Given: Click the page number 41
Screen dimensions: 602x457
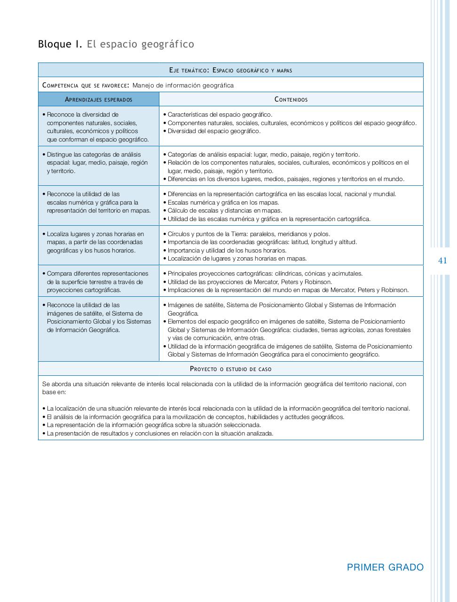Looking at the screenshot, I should click(x=442, y=261).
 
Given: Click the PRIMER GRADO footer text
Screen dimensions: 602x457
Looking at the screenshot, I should click(x=385, y=567).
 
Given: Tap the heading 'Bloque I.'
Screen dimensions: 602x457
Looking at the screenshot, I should click(x=60, y=44).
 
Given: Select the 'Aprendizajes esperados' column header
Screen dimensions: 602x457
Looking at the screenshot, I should click(x=98, y=99).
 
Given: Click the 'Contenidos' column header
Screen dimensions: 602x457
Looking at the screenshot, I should click(x=291, y=99).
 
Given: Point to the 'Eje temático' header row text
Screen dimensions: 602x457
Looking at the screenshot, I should click(x=230, y=71).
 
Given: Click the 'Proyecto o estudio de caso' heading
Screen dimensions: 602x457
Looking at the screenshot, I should click(x=230, y=369).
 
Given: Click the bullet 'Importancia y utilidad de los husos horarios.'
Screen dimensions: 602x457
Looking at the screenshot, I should click(x=227, y=251).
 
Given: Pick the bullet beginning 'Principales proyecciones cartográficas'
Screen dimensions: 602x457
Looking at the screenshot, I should click(x=265, y=273).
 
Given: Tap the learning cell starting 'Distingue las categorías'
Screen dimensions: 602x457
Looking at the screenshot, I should click(x=97, y=163).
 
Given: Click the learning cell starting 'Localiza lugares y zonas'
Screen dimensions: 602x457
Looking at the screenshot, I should click(x=95, y=242).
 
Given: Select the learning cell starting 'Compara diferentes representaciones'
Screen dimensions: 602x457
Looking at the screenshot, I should click(x=97, y=282).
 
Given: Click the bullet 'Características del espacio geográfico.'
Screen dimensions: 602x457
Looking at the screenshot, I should click(x=220, y=114).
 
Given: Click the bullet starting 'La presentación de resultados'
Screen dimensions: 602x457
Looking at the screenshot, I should click(x=160, y=434).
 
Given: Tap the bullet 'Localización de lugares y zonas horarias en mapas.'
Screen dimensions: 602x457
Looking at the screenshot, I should click(x=237, y=259).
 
